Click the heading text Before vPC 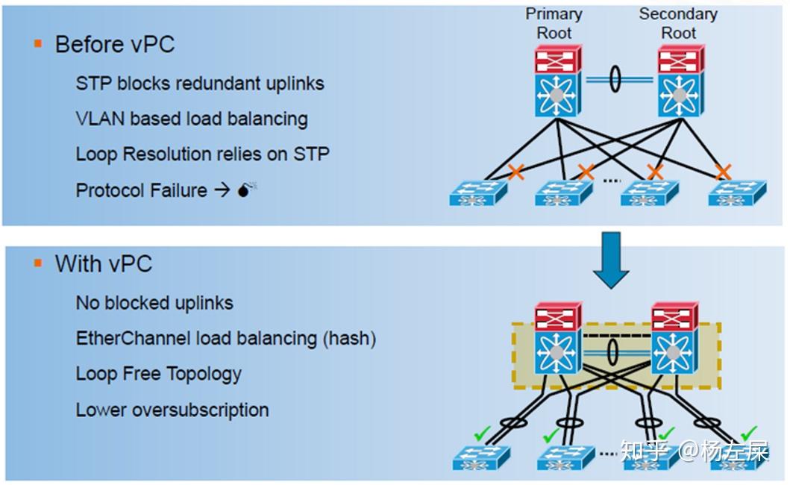pyautogui.click(x=114, y=44)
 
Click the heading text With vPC pyautogui.click(x=103, y=263)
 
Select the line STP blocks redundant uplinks pyautogui.click(x=199, y=83)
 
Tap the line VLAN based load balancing pyautogui.click(x=191, y=119)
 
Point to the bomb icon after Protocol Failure pyautogui.click(x=247, y=190)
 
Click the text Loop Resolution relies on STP pyautogui.click(x=202, y=154)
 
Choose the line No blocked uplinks pyautogui.click(x=154, y=303)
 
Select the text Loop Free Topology pyautogui.click(x=158, y=374)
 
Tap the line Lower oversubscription pyautogui.click(x=172, y=410)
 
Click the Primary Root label pyautogui.click(x=554, y=23)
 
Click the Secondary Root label pyautogui.click(x=678, y=23)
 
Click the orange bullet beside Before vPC pyautogui.click(x=38, y=44)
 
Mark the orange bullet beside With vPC pyautogui.click(x=38, y=263)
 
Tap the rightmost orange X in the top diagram pyautogui.click(x=722, y=172)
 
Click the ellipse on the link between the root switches pyautogui.click(x=615, y=79)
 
